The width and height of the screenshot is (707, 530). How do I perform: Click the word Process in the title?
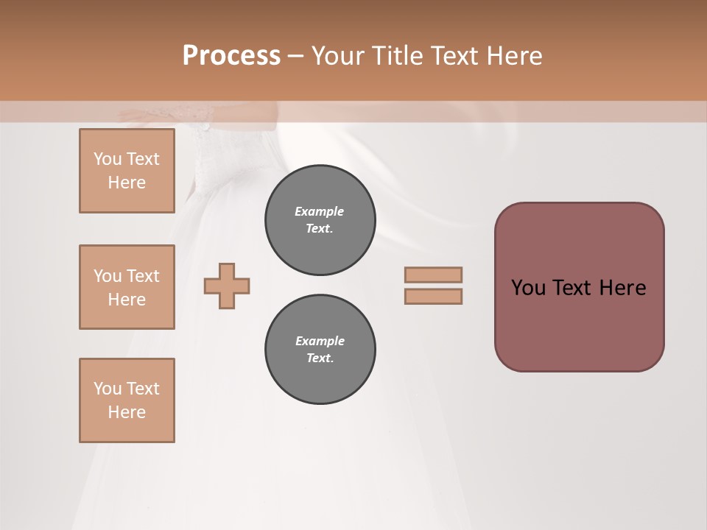coord(231,56)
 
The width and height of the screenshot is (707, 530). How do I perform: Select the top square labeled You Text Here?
coord(127,171)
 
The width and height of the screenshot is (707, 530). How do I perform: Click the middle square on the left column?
coord(127,287)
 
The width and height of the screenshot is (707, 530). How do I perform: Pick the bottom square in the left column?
coord(127,400)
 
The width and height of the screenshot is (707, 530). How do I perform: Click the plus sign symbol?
coord(227,286)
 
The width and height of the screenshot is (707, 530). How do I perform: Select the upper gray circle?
coord(320,220)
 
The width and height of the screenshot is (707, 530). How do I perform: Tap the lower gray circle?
coord(320,350)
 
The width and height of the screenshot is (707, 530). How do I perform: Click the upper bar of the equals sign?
coord(434,275)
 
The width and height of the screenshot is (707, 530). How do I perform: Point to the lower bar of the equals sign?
coord(434,296)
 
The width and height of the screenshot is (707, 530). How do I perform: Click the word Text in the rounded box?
coord(573,288)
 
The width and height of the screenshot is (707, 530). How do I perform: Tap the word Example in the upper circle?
coord(320,211)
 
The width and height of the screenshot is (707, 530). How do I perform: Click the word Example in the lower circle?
coord(320,341)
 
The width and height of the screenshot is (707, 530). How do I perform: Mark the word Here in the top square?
coord(127,183)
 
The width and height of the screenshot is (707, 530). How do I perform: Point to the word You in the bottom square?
coord(108,389)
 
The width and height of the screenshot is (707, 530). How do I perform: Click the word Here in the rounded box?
coord(622,288)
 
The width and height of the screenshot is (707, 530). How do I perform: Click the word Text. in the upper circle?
coord(320,228)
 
